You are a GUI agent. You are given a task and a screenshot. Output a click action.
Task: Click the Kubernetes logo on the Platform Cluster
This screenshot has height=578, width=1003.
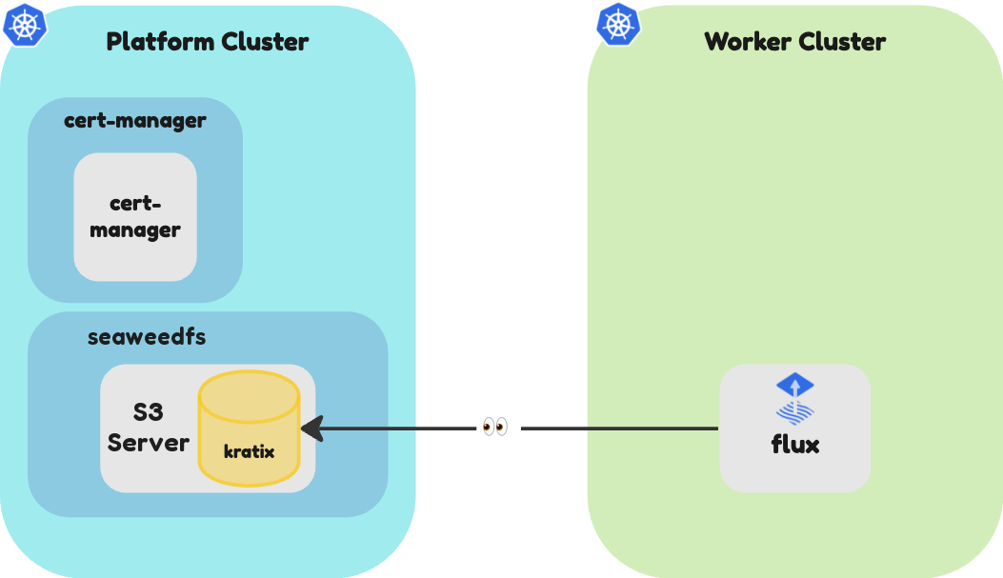[x=25, y=25]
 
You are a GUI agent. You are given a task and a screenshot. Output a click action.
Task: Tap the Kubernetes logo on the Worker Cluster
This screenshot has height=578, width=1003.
[x=618, y=25]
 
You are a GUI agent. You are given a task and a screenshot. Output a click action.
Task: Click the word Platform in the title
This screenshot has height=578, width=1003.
[x=160, y=42]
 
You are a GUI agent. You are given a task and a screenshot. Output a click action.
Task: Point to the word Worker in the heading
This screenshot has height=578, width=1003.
[x=748, y=42]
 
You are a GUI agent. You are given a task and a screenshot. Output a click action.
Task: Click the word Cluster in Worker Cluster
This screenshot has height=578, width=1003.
[x=842, y=42]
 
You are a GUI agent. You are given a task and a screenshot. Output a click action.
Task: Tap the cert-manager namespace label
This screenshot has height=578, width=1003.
[x=135, y=121]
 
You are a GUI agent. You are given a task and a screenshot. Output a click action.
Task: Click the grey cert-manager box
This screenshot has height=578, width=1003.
[x=135, y=217]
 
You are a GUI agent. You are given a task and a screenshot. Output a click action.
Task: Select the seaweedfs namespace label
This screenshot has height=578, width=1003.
[x=147, y=337]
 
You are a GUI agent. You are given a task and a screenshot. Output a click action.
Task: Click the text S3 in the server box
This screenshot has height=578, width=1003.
[x=148, y=412]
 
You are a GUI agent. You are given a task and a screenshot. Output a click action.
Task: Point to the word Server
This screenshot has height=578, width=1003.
[x=149, y=443]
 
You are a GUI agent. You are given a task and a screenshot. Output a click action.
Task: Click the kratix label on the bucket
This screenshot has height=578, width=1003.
[x=249, y=452]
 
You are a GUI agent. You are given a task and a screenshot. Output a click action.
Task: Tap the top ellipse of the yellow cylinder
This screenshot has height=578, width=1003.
[x=249, y=396]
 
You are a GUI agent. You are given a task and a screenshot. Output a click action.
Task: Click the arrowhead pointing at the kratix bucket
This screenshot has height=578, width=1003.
[x=311, y=429]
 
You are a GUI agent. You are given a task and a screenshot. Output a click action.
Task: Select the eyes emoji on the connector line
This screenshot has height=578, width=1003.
[x=495, y=427]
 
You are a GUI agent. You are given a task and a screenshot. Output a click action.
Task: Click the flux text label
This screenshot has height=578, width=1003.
[x=795, y=445]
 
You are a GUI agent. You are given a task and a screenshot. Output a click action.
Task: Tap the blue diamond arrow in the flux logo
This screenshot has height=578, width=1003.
[x=795, y=386]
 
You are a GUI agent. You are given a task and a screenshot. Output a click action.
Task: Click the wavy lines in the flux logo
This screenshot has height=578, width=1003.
[x=795, y=413]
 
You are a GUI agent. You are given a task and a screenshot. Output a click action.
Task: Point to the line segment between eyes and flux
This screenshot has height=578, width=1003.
[x=620, y=429]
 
